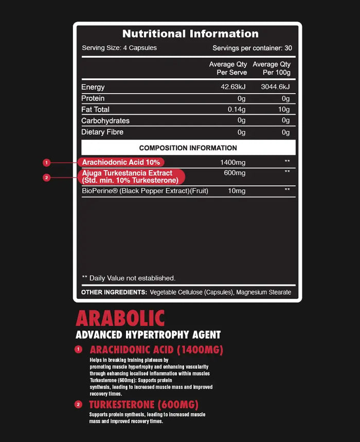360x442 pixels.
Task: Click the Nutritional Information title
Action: pos(190,34)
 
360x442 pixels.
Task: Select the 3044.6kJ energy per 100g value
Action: pos(275,87)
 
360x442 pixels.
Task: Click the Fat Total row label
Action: pos(95,109)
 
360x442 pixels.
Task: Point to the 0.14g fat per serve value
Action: pos(236,109)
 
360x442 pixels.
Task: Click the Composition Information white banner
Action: pos(188,148)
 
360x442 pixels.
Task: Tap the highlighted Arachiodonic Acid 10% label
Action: pos(121,162)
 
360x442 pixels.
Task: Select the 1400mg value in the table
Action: pos(233,162)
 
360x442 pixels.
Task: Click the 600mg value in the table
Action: pos(235,173)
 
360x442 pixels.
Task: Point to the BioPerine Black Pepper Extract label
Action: pos(145,191)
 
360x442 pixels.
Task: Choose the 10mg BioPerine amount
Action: pos(237,191)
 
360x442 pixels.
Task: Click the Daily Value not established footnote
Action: pos(129,278)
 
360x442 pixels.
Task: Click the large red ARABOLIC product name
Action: pos(120,319)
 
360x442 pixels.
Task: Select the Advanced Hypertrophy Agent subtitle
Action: pos(148,335)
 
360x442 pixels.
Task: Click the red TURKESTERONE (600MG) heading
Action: pos(143,404)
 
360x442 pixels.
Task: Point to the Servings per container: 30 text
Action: pos(252,48)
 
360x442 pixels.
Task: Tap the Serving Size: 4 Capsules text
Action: pos(119,48)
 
